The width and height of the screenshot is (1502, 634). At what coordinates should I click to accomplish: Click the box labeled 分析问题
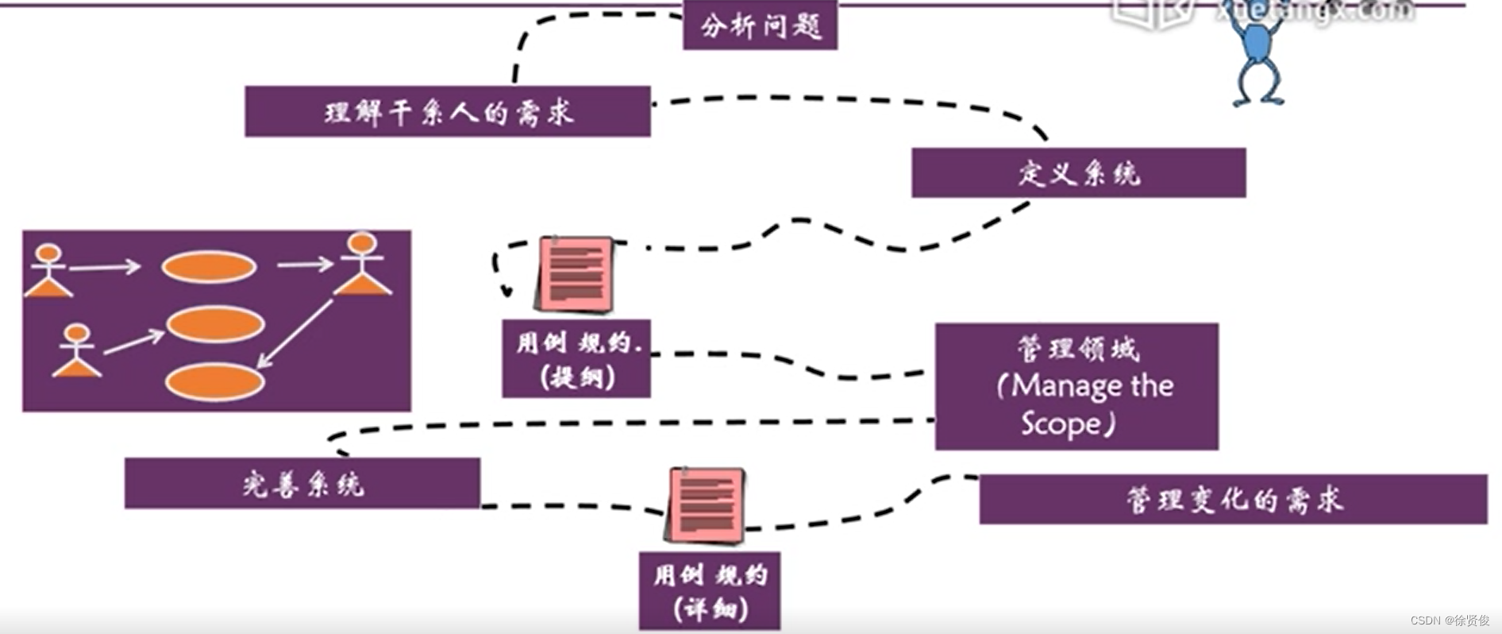tap(760, 26)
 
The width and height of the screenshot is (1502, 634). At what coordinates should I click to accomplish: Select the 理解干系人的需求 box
tap(448, 112)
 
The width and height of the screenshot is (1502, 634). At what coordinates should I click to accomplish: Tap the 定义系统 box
tap(1078, 172)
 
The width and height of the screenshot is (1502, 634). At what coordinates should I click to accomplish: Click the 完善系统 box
tap(302, 483)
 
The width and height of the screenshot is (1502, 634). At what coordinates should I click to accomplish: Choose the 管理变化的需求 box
tap(1233, 500)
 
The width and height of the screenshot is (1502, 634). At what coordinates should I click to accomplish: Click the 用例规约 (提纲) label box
tap(576, 358)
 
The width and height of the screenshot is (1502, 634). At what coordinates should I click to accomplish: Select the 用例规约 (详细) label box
tap(710, 591)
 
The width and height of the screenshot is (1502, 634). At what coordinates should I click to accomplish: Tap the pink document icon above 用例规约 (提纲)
tap(576, 273)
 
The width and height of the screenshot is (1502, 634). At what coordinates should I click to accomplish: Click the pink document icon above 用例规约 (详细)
tap(707, 505)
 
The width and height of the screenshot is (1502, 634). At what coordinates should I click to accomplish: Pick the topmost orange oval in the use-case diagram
tap(209, 267)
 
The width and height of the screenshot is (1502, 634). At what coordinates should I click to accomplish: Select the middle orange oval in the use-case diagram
tap(214, 324)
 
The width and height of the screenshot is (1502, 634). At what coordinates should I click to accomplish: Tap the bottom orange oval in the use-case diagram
tap(214, 381)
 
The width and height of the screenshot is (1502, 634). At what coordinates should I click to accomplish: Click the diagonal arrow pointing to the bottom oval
tap(295, 334)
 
